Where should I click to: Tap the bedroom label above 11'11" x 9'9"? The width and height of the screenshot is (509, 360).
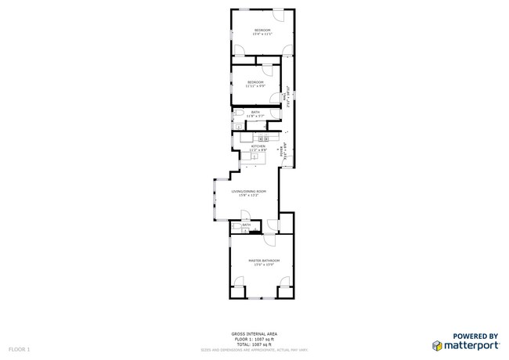coord(256,81)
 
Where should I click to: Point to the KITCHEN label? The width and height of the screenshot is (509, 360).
coord(258,146)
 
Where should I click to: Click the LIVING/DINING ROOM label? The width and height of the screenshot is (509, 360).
coord(248,191)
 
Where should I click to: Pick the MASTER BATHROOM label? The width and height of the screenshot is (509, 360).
coord(264,260)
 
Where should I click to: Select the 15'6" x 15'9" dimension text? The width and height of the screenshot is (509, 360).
coord(264,265)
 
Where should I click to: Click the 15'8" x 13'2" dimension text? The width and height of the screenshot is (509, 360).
coord(248,196)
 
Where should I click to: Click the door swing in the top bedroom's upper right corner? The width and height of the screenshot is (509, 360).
coord(280,16)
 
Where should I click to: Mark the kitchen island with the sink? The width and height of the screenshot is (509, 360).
coord(254,156)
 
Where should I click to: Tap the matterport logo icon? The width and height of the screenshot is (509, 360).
coord(437,344)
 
